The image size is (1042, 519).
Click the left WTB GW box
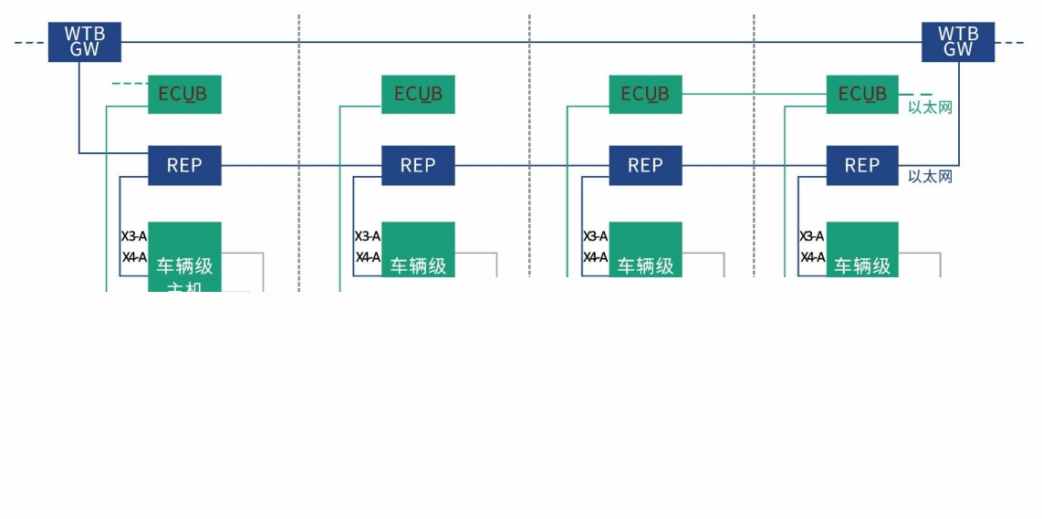(84, 42)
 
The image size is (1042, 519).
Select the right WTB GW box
(957, 42)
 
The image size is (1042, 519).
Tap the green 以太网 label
(930, 108)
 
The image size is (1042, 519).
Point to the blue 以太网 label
(930, 176)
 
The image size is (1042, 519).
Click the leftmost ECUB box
(184, 94)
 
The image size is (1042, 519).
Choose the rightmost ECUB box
(862, 94)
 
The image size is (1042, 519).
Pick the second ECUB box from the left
(418, 94)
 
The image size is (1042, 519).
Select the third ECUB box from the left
(645, 94)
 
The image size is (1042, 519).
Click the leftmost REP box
(184, 165)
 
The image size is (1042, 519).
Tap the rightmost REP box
(862, 165)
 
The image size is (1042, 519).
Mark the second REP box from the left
(418, 165)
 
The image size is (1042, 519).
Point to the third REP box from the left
(645, 165)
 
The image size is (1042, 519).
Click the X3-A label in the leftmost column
(134, 236)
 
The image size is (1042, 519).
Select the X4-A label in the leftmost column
(134, 257)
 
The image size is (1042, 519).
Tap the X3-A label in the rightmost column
(812, 236)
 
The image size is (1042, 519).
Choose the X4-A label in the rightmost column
(812, 257)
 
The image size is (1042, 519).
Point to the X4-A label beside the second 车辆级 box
(368, 257)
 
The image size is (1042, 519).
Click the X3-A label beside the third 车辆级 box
(596, 236)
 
